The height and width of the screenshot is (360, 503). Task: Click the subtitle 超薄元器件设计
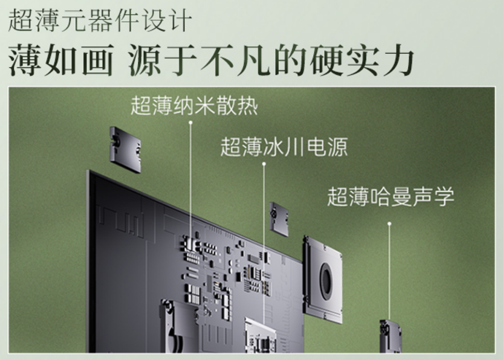[x=100, y=20]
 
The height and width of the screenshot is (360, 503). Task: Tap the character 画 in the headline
[x=97, y=60]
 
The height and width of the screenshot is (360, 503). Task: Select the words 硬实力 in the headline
[x=362, y=60]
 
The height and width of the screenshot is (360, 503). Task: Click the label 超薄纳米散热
[x=194, y=105]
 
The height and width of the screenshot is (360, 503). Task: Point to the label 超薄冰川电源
[x=284, y=147]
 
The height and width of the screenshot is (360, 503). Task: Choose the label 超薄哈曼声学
[x=391, y=196]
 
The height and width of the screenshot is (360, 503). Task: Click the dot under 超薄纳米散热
[x=190, y=123]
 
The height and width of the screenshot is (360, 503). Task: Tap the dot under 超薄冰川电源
[x=264, y=164]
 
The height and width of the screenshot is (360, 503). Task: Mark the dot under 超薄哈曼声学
[x=389, y=223]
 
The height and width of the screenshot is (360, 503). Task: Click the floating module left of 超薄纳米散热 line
[x=125, y=149]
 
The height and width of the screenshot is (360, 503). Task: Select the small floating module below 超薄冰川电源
[x=279, y=219]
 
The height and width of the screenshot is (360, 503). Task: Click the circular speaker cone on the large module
[x=327, y=278]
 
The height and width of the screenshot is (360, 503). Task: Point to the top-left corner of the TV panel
[x=87, y=171]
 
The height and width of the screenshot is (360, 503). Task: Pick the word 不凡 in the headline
[x=235, y=60]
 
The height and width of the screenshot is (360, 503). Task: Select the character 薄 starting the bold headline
[x=25, y=60]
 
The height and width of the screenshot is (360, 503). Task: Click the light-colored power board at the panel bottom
[x=261, y=335]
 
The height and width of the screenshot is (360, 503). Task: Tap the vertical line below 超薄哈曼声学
[x=389, y=272]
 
